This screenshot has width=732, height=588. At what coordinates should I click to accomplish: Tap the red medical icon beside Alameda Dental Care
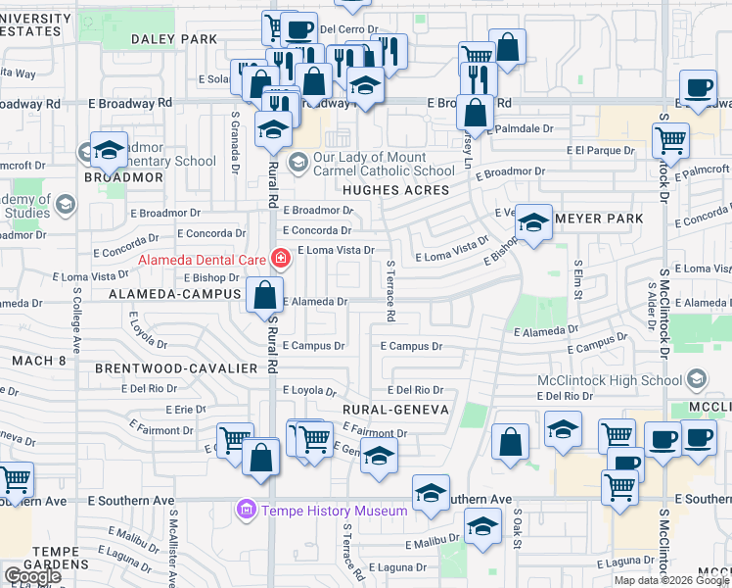pyautogui.click(x=282, y=259)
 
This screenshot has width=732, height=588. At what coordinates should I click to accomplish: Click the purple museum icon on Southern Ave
pyautogui.click(x=246, y=511)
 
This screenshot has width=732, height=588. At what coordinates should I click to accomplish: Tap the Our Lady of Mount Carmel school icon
pyautogui.click(x=298, y=162)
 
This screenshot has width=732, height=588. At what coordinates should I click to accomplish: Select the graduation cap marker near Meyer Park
pyautogui.click(x=533, y=221)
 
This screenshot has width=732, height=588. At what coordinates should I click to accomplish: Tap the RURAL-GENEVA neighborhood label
pyautogui.click(x=395, y=409)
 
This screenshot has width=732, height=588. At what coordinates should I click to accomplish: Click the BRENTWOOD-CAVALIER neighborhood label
pyautogui.click(x=176, y=367)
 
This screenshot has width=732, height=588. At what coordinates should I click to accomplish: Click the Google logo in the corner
pyautogui.click(x=32, y=576)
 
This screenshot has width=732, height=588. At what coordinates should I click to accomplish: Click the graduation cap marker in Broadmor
pyautogui.click(x=109, y=149)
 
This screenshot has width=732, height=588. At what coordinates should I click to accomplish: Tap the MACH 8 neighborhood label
pyautogui.click(x=38, y=361)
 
